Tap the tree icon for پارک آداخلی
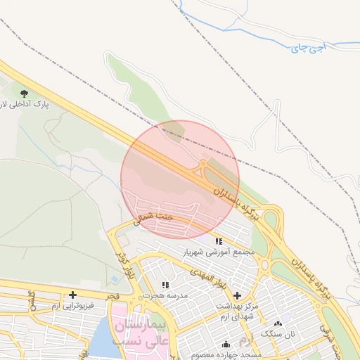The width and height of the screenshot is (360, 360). (x=25, y=93)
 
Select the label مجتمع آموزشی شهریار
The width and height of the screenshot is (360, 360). (x=219, y=251)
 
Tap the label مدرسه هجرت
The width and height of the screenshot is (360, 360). (x=166, y=296)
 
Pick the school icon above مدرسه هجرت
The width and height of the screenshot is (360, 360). (x=166, y=285)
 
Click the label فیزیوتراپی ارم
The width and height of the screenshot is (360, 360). (x=72, y=306)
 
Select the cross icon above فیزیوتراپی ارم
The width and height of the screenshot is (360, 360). (x=72, y=295)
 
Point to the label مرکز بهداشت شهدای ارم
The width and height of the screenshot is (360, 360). (x=236, y=310)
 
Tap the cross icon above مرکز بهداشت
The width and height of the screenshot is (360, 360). (x=237, y=296)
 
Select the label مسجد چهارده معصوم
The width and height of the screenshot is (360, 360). (x=225, y=354)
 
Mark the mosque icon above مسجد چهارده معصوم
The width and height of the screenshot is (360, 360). (x=226, y=345)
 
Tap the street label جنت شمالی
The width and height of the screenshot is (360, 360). (x=150, y=217)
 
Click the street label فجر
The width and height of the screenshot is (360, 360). (x=115, y=298)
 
